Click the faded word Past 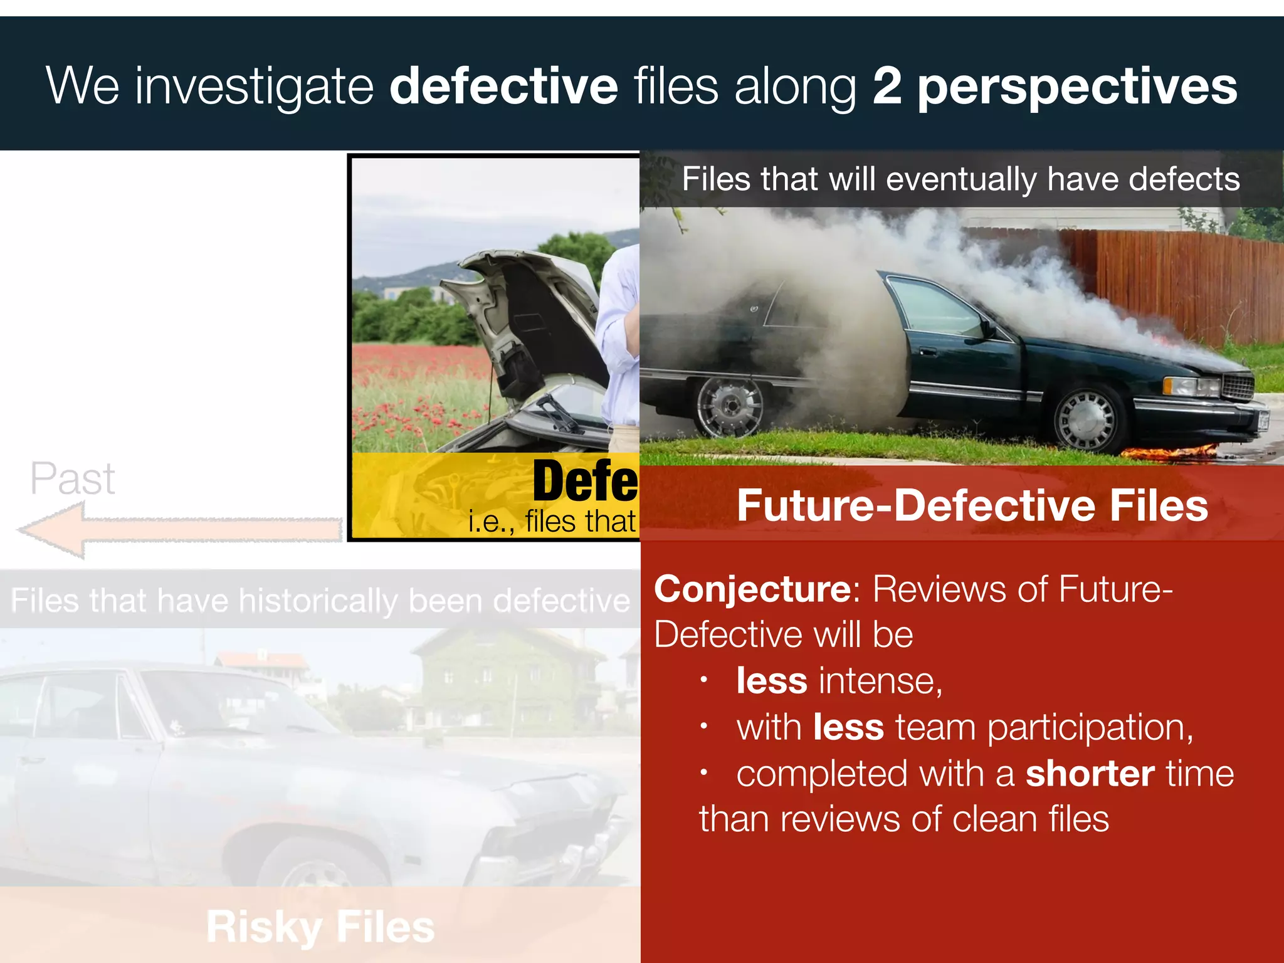(73, 479)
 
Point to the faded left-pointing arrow (179, 530)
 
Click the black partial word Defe (584, 481)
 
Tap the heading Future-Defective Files (972, 505)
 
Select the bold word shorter (1090, 774)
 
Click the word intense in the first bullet (880, 681)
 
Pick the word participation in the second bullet (1090, 728)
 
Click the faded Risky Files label (320, 927)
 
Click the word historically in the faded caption (318, 601)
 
